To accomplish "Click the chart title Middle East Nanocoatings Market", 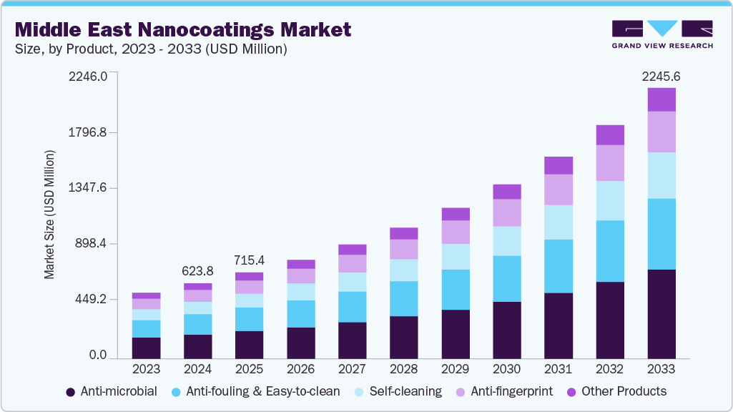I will click(183, 30).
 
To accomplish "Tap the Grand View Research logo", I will click(661, 34).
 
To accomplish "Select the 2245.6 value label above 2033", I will click(661, 77).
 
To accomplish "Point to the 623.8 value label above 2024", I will click(197, 271).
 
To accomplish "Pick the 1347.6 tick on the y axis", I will click(89, 188).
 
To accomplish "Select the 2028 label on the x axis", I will click(403, 369).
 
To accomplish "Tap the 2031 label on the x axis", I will click(558, 369).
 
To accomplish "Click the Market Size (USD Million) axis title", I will click(49, 215).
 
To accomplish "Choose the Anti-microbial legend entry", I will click(111, 392).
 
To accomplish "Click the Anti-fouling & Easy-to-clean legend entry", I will click(256, 392).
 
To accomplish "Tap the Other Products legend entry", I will click(616, 392).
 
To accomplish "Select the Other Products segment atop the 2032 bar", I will click(610, 135).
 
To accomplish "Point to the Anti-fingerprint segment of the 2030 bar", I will click(507, 212).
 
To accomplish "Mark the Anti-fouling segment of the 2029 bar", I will click(456, 290).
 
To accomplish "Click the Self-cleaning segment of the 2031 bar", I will click(559, 222).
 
